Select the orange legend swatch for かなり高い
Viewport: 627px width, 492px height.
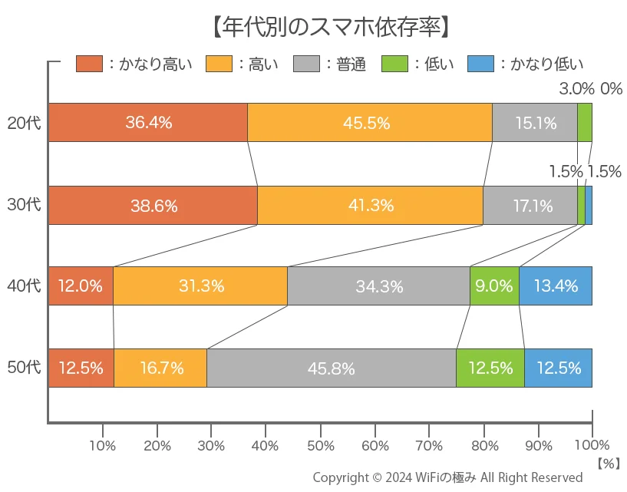pos(89,64)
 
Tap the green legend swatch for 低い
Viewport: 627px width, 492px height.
pos(396,64)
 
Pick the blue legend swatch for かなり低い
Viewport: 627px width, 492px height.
pos(481,64)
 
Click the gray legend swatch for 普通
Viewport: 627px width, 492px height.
pos(307,64)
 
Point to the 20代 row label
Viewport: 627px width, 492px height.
pos(23,123)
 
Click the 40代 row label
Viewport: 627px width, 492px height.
pos(23,286)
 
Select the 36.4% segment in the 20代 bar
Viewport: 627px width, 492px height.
pos(148,123)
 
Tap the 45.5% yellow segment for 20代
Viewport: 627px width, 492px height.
pos(369,123)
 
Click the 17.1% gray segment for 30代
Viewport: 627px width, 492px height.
pos(530,205)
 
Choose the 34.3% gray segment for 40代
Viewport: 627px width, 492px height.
pos(378,286)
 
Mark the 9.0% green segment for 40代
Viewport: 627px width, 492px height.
pos(494,286)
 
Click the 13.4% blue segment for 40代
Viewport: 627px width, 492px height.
pos(556,286)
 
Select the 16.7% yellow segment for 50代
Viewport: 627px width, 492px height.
pos(160,368)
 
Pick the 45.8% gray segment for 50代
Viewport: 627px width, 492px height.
pos(331,368)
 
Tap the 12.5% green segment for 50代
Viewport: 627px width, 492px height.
pos(490,368)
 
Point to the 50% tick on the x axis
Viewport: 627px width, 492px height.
pos(320,445)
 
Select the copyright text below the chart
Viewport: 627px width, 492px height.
pos(447,477)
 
